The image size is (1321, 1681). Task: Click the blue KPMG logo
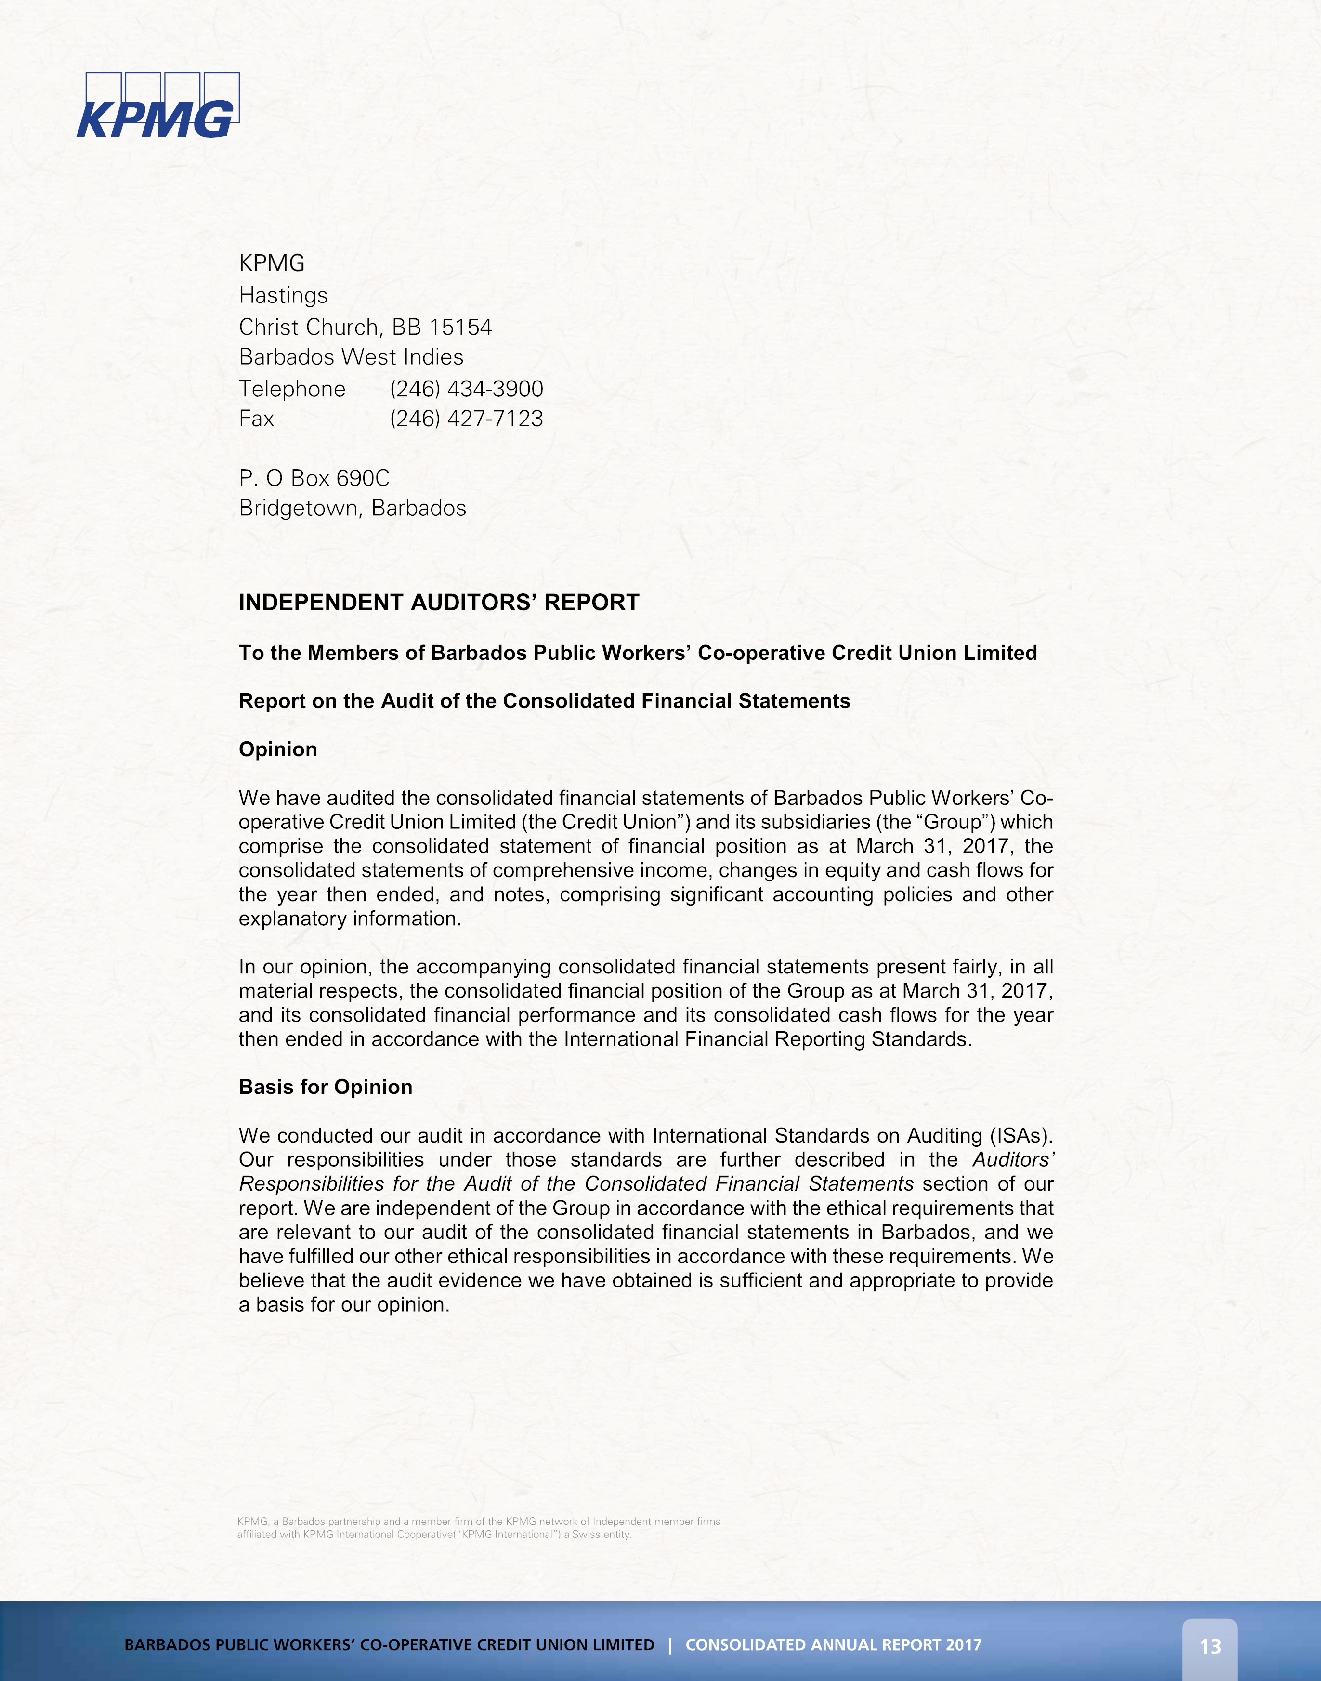[158, 107]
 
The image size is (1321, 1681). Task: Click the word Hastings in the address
[283, 296]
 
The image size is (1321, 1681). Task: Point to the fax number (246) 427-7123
[466, 419]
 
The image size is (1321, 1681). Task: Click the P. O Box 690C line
[314, 478]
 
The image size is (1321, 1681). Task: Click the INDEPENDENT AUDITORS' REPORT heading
[439, 603]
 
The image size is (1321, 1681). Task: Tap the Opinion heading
[278, 749]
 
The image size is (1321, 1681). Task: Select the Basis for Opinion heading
[326, 1087]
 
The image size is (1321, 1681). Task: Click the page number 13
[1210, 1646]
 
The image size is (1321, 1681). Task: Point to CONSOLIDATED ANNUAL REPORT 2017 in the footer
[833, 1645]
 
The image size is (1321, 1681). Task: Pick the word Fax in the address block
[256, 419]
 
